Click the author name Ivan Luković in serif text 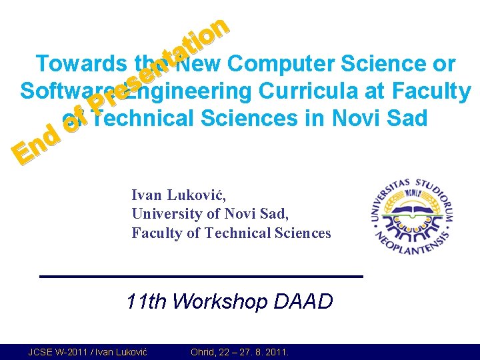[x=179, y=195]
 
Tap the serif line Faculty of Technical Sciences [x=231, y=233]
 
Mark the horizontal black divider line [x=201, y=276]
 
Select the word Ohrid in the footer [x=203, y=352]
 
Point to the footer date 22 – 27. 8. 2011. [x=256, y=352]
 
